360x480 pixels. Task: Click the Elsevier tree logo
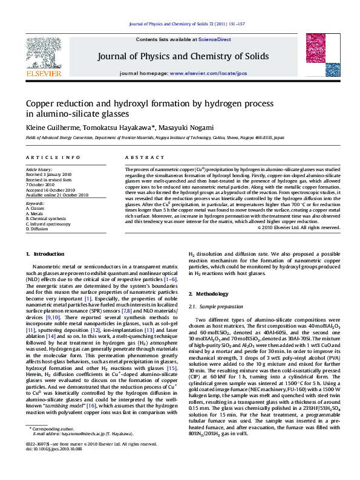pyautogui.click(x=44, y=52)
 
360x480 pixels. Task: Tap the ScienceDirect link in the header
pyautogui.click(x=215, y=39)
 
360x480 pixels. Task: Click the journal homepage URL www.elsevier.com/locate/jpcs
pyautogui.click(x=208, y=73)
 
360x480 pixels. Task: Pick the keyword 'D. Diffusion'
pyautogui.click(x=37, y=229)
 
